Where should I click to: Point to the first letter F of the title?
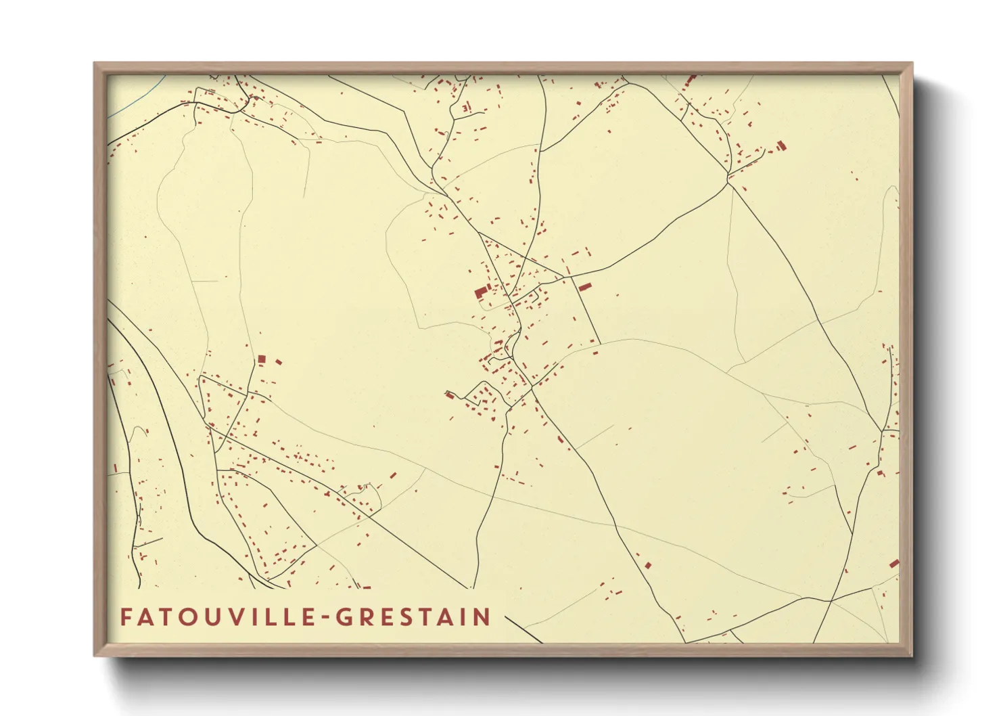click(126, 617)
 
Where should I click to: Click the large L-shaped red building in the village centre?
click(480, 292)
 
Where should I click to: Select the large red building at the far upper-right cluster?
click(782, 145)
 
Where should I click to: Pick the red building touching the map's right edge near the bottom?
click(894, 563)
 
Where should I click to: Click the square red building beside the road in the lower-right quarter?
click(647, 564)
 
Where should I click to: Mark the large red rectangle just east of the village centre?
click(583, 287)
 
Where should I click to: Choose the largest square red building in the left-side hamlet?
click(262, 359)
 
